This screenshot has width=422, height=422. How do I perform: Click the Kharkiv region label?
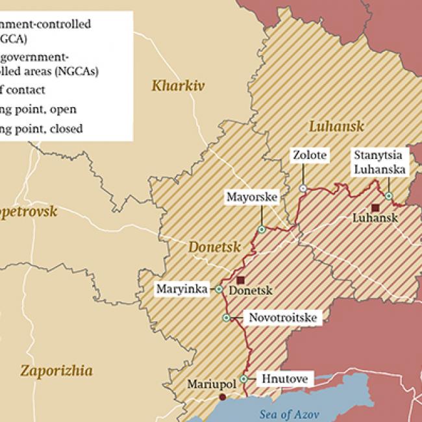[178, 84]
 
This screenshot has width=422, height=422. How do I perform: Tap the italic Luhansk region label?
[336, 126]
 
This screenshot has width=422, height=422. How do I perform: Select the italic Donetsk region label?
[214, 247]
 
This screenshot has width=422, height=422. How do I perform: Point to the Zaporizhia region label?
[56, 371]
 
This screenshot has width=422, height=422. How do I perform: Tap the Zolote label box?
[310, 156]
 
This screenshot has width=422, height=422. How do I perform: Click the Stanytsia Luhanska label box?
[379, 162]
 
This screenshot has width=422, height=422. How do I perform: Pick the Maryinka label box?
[180, 289]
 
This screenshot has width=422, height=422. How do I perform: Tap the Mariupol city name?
[210, 383]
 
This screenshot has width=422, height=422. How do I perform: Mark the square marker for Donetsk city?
[240, 280]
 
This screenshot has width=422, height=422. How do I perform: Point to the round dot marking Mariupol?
[223, 397]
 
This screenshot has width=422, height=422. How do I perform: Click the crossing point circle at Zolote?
[303, 188]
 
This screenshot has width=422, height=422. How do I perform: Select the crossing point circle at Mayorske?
[262, 229]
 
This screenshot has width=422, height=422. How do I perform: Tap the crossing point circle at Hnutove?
[244, 379]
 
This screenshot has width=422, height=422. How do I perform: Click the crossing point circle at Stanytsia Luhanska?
[388, 195]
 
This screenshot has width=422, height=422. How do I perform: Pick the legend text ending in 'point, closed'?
[42, 129]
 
